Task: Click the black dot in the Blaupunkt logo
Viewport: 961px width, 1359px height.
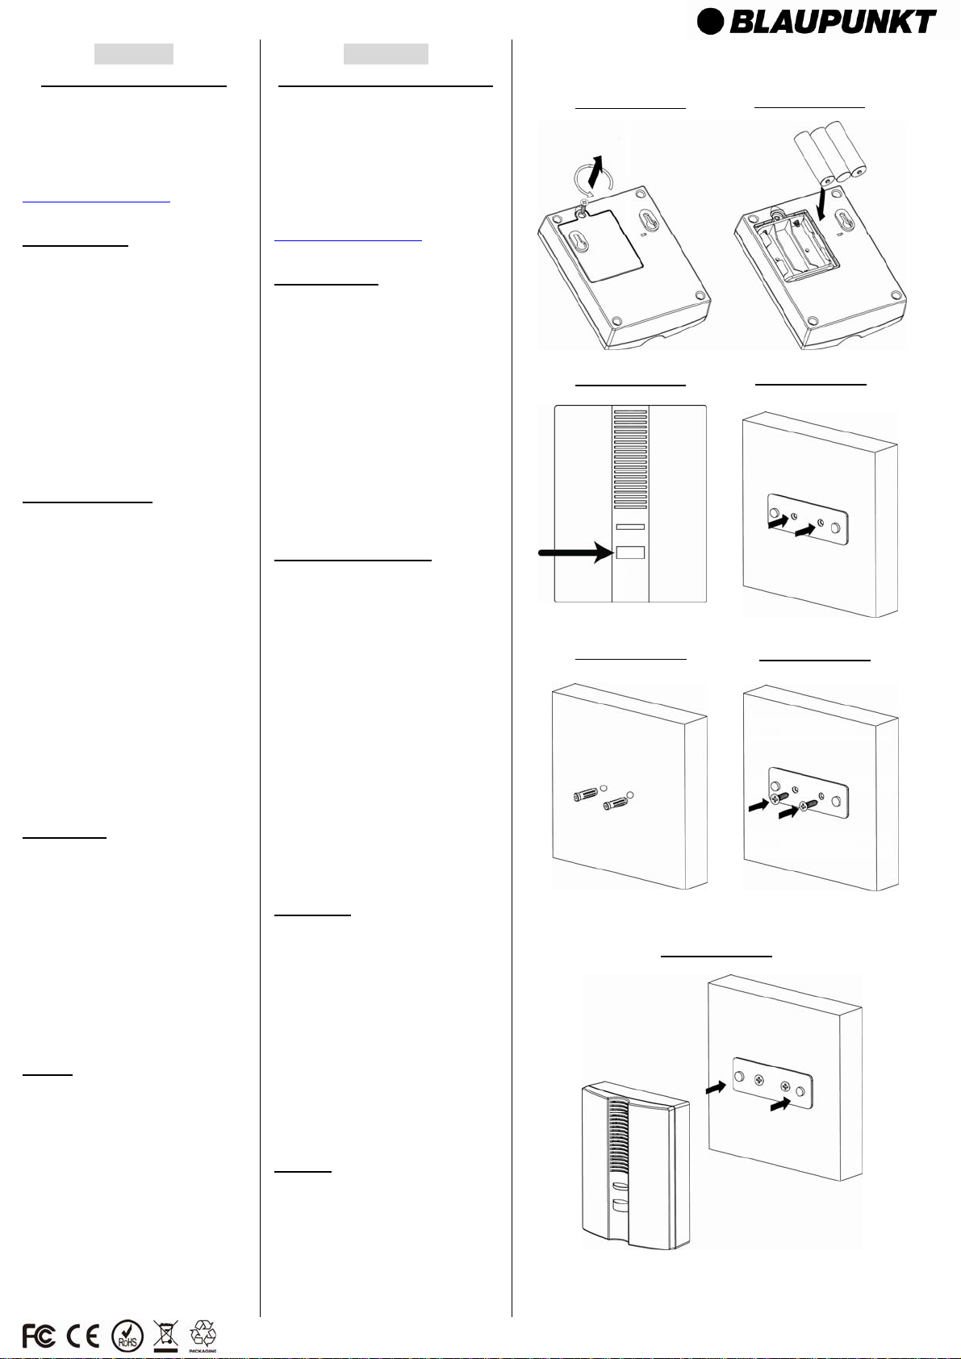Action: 710,22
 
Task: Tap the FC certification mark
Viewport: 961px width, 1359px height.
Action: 39,1336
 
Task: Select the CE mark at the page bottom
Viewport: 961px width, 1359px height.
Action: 83,1336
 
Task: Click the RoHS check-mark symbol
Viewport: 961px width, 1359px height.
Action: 127,1336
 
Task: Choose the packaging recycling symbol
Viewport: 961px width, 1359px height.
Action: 203,1333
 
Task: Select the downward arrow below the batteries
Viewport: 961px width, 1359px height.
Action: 821,204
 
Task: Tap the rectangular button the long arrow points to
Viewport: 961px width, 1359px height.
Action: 630,552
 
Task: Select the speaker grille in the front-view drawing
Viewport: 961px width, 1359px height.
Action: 630,459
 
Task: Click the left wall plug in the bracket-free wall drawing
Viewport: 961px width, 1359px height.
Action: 585,794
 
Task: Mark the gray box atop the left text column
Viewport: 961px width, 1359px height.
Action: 134,54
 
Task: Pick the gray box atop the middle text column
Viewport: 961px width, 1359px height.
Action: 386,54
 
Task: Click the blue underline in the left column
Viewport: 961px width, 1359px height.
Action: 96,201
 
